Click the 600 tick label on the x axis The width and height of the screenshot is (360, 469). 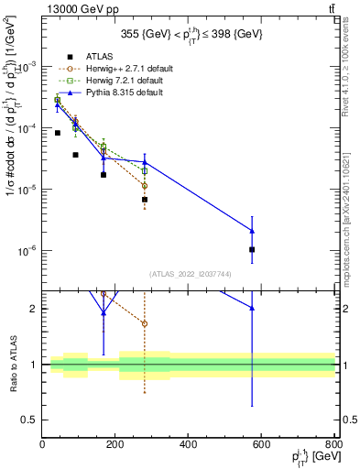point(262,445)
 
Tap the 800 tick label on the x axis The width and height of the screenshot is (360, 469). point(333,445)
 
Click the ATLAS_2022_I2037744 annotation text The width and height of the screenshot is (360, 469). point(189,273)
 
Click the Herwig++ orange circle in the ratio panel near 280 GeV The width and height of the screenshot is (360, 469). point(145,323)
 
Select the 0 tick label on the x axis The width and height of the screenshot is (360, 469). point(42,445)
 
